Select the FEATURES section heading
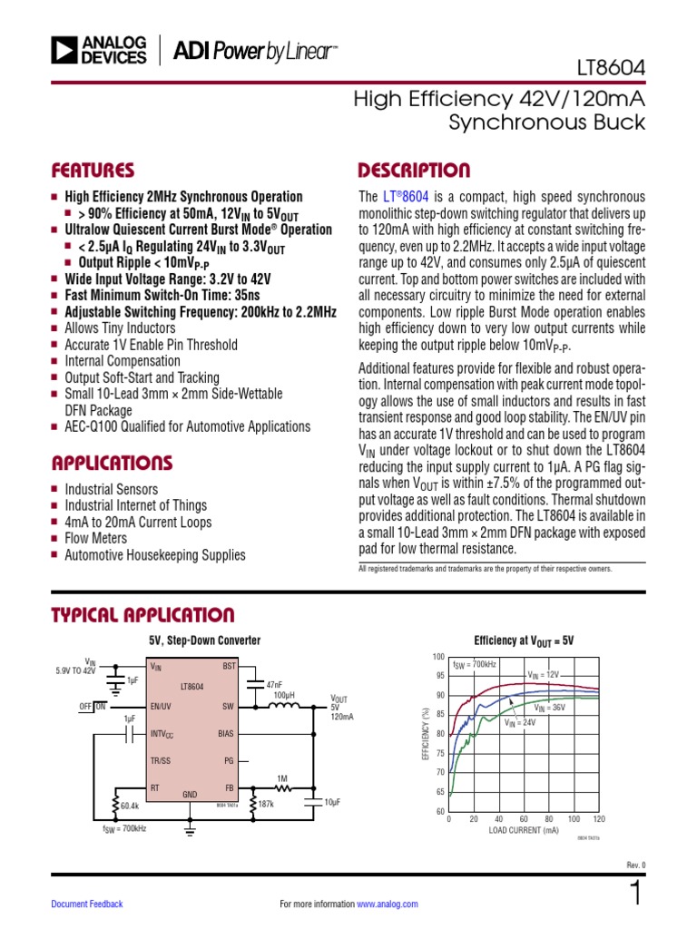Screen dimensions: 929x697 [x=93, y=171]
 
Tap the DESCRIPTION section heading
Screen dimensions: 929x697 [x=414, y=171]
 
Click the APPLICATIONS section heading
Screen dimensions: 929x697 [x=112, y=463]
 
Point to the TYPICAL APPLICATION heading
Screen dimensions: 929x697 [x=142, y=615]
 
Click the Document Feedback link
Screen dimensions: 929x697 [x=87, y=904]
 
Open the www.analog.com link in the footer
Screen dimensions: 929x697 [x=388, y=904]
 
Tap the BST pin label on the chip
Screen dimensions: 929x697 [x=228, y=667]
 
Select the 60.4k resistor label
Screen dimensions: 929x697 [x=129, y=805]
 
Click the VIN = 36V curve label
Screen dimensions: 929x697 [x=551, y=707]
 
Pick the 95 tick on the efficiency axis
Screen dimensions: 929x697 [x=439, y=676]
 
